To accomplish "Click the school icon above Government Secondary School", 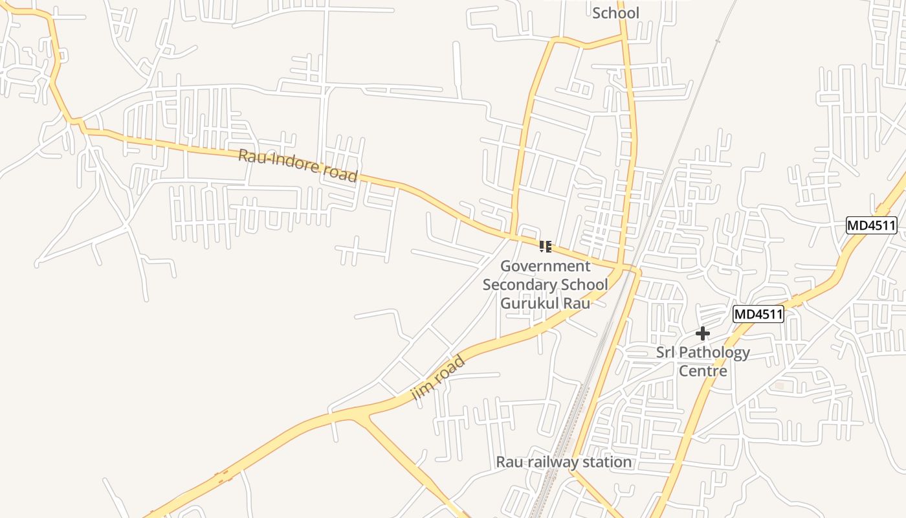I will (546, 246).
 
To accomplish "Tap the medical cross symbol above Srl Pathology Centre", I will (702, 334).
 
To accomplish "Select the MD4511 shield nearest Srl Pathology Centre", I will (758, 315).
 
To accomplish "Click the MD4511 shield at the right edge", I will (872, 225).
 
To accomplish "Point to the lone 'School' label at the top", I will (615, 13).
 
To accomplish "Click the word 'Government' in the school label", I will (546, 266).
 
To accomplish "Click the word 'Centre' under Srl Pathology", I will (703, 371).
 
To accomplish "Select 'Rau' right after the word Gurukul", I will (577, 303).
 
